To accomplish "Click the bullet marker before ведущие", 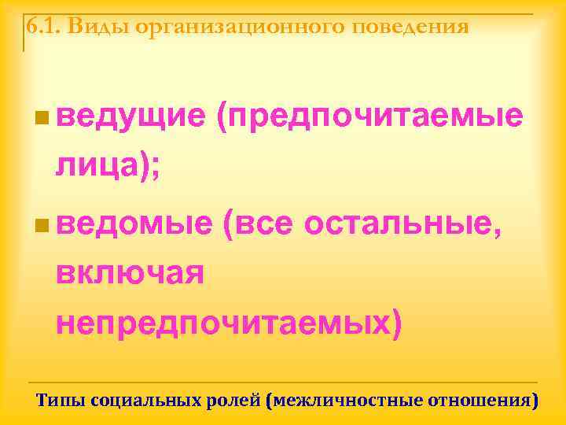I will point(41,119).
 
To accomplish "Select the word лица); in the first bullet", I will point(108,166).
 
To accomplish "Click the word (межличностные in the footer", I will point(344,400).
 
